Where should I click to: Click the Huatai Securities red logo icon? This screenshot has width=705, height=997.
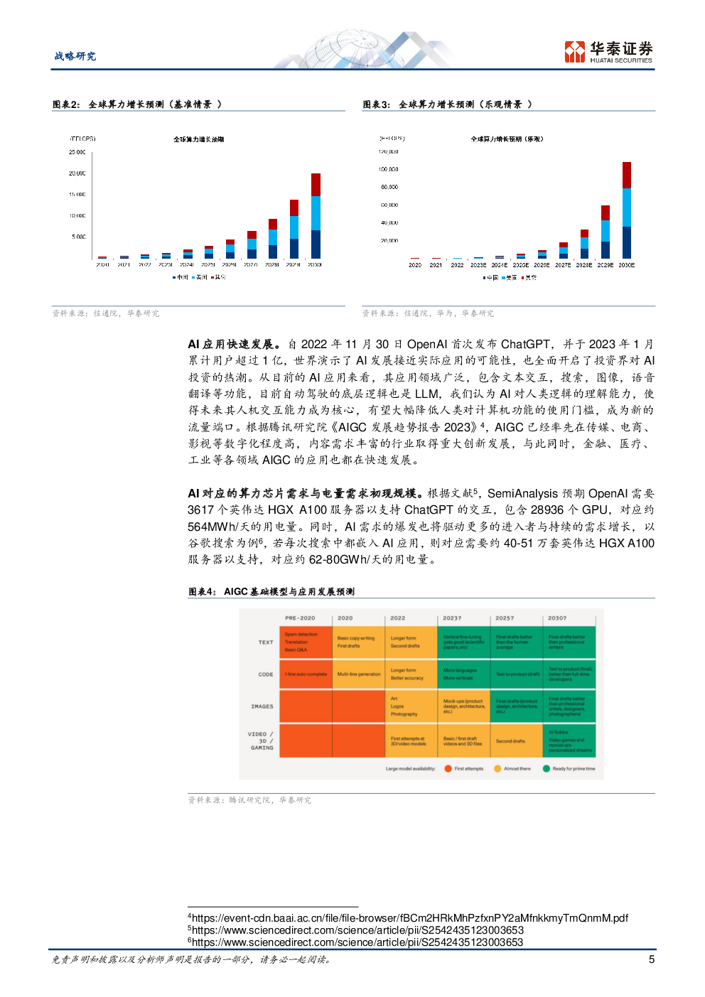pyautogui.click(x=574, y=51)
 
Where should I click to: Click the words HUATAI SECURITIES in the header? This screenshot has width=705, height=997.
pyautogui.click(x=620, y=60)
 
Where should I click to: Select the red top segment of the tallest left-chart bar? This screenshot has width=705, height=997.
pyautogui.click(x=316, y=184)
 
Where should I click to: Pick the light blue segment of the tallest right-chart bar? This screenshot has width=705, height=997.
pyautogui.click(x=626, y=207)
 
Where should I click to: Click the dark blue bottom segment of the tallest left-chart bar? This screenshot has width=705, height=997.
pyautogui.click(x=316, y=244)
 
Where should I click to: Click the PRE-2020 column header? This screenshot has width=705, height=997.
pyautogui.click(x=299, y=618)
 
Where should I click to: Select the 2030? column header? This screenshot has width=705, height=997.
pyautogui.click(x=557, y=618)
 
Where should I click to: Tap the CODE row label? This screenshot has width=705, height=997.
pyautogui.click(x=266, y=674)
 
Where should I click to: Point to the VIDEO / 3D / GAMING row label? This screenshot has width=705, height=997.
pyautogui.click(x=262, y=741)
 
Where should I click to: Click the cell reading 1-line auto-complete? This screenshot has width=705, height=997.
pyautogui.click(x=306, y=674)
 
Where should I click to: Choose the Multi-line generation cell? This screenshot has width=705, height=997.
pyautogui.click(x=358, y=674)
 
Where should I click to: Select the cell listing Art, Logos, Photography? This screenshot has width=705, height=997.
pyautogui.click(x=411, y=706)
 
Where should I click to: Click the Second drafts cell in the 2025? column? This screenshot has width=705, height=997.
pyautogui.click(x=516, y=741)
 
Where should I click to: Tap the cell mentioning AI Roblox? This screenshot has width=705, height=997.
pyautogui.click(x=569, y=741)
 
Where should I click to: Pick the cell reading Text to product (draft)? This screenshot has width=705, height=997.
pyautogui.click(x=517, y=674)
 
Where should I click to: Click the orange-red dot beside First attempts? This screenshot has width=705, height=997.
pyautogui.click(x=448, y=768)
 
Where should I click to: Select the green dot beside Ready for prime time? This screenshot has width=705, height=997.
pyautogui.click(x=547, y=768)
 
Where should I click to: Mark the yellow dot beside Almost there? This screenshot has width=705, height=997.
pyautogui.click(x=497, y=768)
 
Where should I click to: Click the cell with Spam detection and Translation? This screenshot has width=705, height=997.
pyautogui.click(x=306, y=642)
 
